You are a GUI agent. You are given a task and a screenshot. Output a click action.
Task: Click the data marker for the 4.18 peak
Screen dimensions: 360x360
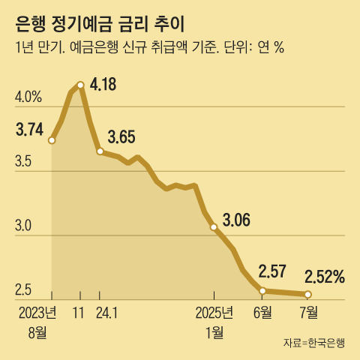[x=80, y=84]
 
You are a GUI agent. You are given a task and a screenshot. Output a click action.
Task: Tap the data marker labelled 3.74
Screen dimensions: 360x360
[x=52, y=139]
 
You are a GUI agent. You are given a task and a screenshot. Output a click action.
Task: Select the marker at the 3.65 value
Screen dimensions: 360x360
[x=100, y=151]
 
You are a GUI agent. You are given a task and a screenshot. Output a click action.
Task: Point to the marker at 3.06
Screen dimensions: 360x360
[x=214, y=226]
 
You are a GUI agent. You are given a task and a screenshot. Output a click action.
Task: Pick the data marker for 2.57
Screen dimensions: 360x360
[x=262, y=290]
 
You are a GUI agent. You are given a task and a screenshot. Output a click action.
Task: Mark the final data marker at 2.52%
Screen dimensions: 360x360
[x=308, y=294]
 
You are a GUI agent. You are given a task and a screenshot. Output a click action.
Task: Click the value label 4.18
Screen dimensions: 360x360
[x=103, y=84]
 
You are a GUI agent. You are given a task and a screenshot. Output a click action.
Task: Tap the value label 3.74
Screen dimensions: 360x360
[x=29, y=129]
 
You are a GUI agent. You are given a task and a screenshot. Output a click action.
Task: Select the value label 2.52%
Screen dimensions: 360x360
[x=324, y=277]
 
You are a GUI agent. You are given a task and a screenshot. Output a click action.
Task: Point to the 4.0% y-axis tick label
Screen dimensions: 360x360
[x=28, y=97]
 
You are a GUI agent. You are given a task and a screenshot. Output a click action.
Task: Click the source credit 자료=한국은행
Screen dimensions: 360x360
[x=314, y=343]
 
